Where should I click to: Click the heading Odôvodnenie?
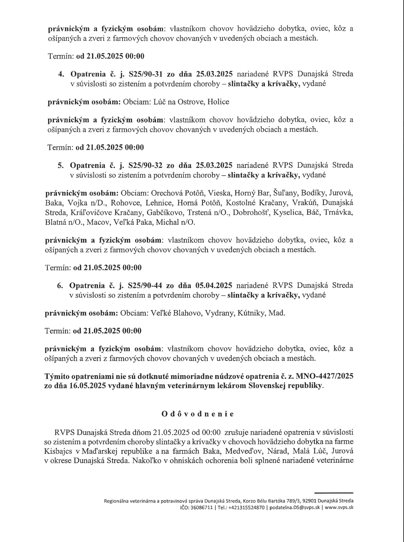tap(197, 414)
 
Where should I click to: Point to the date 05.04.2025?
tap(213, 285)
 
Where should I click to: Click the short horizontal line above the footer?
tap(333, 493)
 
